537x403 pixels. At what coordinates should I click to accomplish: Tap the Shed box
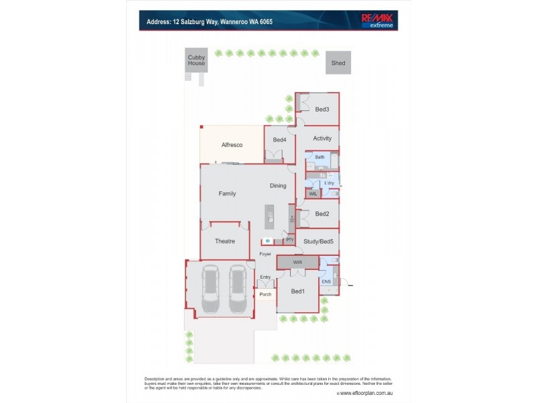pos(338,64)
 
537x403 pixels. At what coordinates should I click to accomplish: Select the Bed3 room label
pos(322,109)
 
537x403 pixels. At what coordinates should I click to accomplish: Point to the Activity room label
pos(322,138)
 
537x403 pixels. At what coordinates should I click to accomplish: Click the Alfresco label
pos(232,144)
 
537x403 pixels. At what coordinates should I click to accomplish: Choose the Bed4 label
pos(279,140)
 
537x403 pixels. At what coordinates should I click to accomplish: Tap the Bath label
pos(320,157)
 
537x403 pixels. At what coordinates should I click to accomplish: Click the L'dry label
pos(328,182)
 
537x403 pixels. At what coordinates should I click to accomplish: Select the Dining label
pos(278,186)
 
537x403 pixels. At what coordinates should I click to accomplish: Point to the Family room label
pos(227,193)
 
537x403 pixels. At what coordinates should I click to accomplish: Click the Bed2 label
pos(322,214)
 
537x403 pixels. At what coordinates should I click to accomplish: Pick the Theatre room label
pos(224,241)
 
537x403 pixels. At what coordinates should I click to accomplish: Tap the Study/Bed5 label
pos(318,241)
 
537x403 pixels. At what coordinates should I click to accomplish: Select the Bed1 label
pos(298,291)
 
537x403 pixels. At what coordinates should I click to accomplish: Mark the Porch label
pos(266,294)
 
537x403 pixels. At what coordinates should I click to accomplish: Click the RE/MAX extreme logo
pos(378,21)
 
